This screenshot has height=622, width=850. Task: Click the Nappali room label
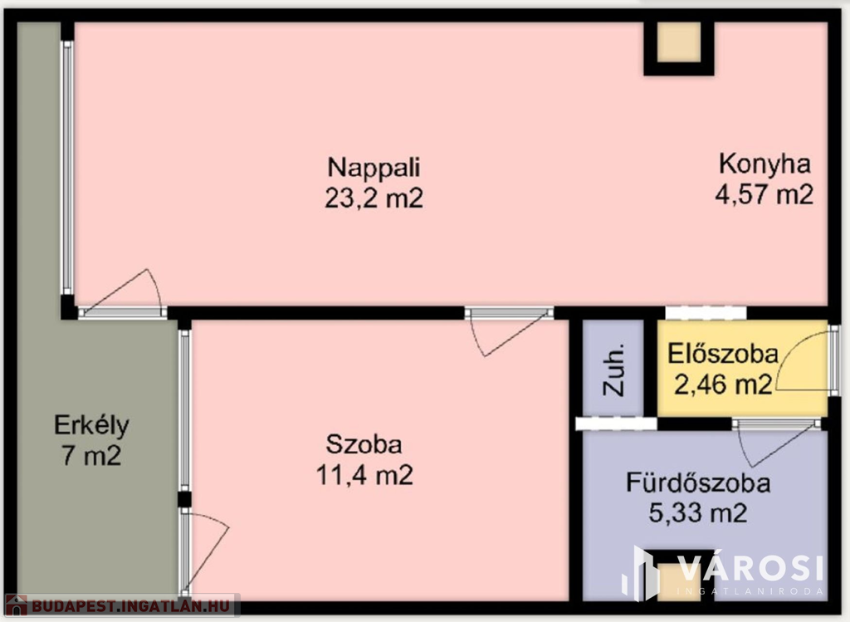coord(374,168)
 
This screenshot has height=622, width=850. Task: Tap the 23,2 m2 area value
coord(374,198)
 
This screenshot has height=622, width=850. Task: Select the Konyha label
coord(765,164)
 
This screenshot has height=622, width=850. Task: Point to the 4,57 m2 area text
coord(765,194)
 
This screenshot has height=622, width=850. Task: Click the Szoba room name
coord(364,444)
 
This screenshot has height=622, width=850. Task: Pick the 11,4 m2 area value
coord(364,475)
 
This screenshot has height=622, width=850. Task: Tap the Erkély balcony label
coord(91,426)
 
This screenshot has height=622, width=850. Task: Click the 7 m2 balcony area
coord(91,455)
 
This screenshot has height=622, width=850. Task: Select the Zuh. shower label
coord(614,370)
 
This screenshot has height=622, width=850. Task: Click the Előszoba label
coord(723,354)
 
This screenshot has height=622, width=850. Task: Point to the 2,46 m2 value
coord(723,384)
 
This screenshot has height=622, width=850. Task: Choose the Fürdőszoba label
coord(698,483)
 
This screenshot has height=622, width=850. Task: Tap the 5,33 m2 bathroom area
coord(698,513)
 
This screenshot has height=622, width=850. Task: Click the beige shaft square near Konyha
coord(679,42)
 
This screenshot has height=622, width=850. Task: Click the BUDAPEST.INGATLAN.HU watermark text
coord(130,605)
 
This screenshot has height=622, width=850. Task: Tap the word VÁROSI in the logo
coord(750,569)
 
